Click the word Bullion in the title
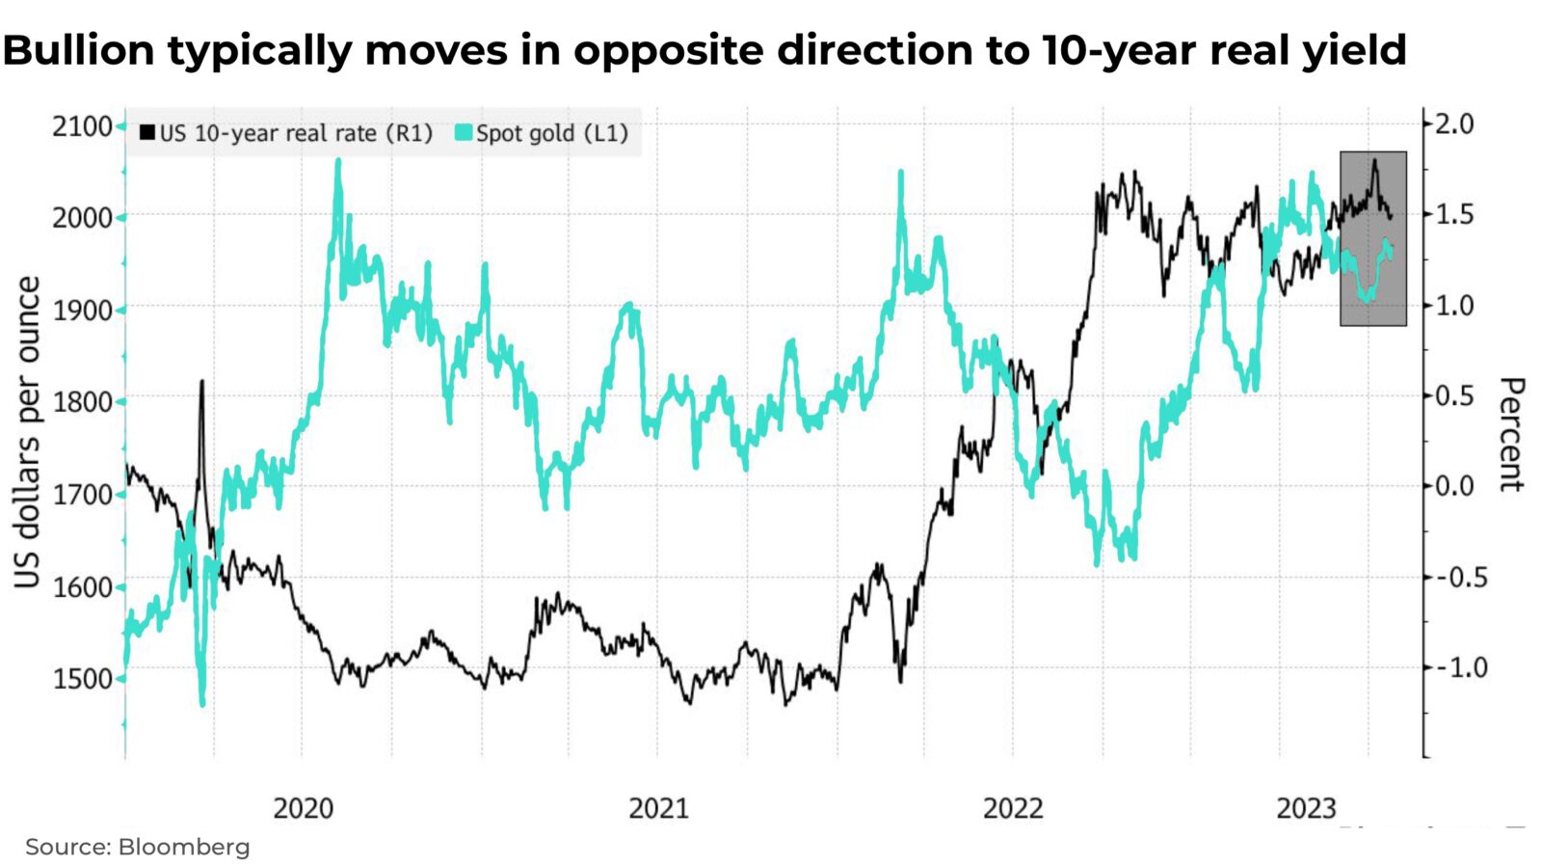pyautogui.click(x=79, y=50)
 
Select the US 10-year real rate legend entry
pyautogui.click(x=286, y=133)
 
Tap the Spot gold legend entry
pyautogui.click(x=542, y=133)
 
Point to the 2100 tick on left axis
pyautogui.click(x=82, y=126)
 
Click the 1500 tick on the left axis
pyautogui.click(x=82, y=678)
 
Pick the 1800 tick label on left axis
pyautogui.click(x=82, y=402)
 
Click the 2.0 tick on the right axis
pyautogui.click(x=1454, y=123)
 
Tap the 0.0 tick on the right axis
pyautogui.click(x=1454, y=486)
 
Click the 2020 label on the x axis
pyautogui.click(x=303, y=808)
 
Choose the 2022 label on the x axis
pyautogui.click(x=1013, y=808)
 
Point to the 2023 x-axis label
pyautogui.click(x=1307, y=808)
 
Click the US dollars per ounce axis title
pyautogui.click(x=28, y=432)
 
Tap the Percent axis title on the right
pyautogui.click(x=1510, y=434)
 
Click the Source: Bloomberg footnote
pyautogui.click(x=137, y=847)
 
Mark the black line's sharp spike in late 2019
pyautogui.click(x=201, y=382)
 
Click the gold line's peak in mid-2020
pyautogui.click(x=338, y=161)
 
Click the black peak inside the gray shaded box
pyautogui.click(x=1374, y=160)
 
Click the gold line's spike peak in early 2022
pyautogui.click(x=901, y=174)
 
